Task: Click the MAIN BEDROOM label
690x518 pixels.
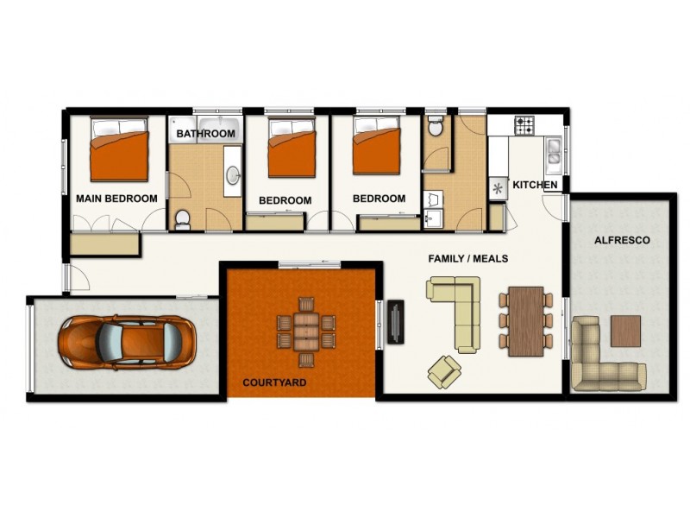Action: click(116, 199)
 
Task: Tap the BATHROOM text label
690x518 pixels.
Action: click(206, 135)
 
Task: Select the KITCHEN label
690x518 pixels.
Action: click(536, 186)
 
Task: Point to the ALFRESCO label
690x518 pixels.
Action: click(622, 240)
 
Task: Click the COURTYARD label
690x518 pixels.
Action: click(274, 382)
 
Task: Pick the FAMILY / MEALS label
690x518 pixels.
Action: click(468, 258)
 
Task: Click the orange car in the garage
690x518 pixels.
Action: click(125, 340)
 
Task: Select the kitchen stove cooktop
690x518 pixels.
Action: click(526, 127)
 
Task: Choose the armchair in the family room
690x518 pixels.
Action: click(445, 371)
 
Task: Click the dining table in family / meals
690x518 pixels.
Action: click(525, 320)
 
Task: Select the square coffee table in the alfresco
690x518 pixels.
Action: click(626, 331)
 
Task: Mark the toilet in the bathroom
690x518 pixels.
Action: click(182, 219)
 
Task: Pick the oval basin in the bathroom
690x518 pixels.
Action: click(233, 175)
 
